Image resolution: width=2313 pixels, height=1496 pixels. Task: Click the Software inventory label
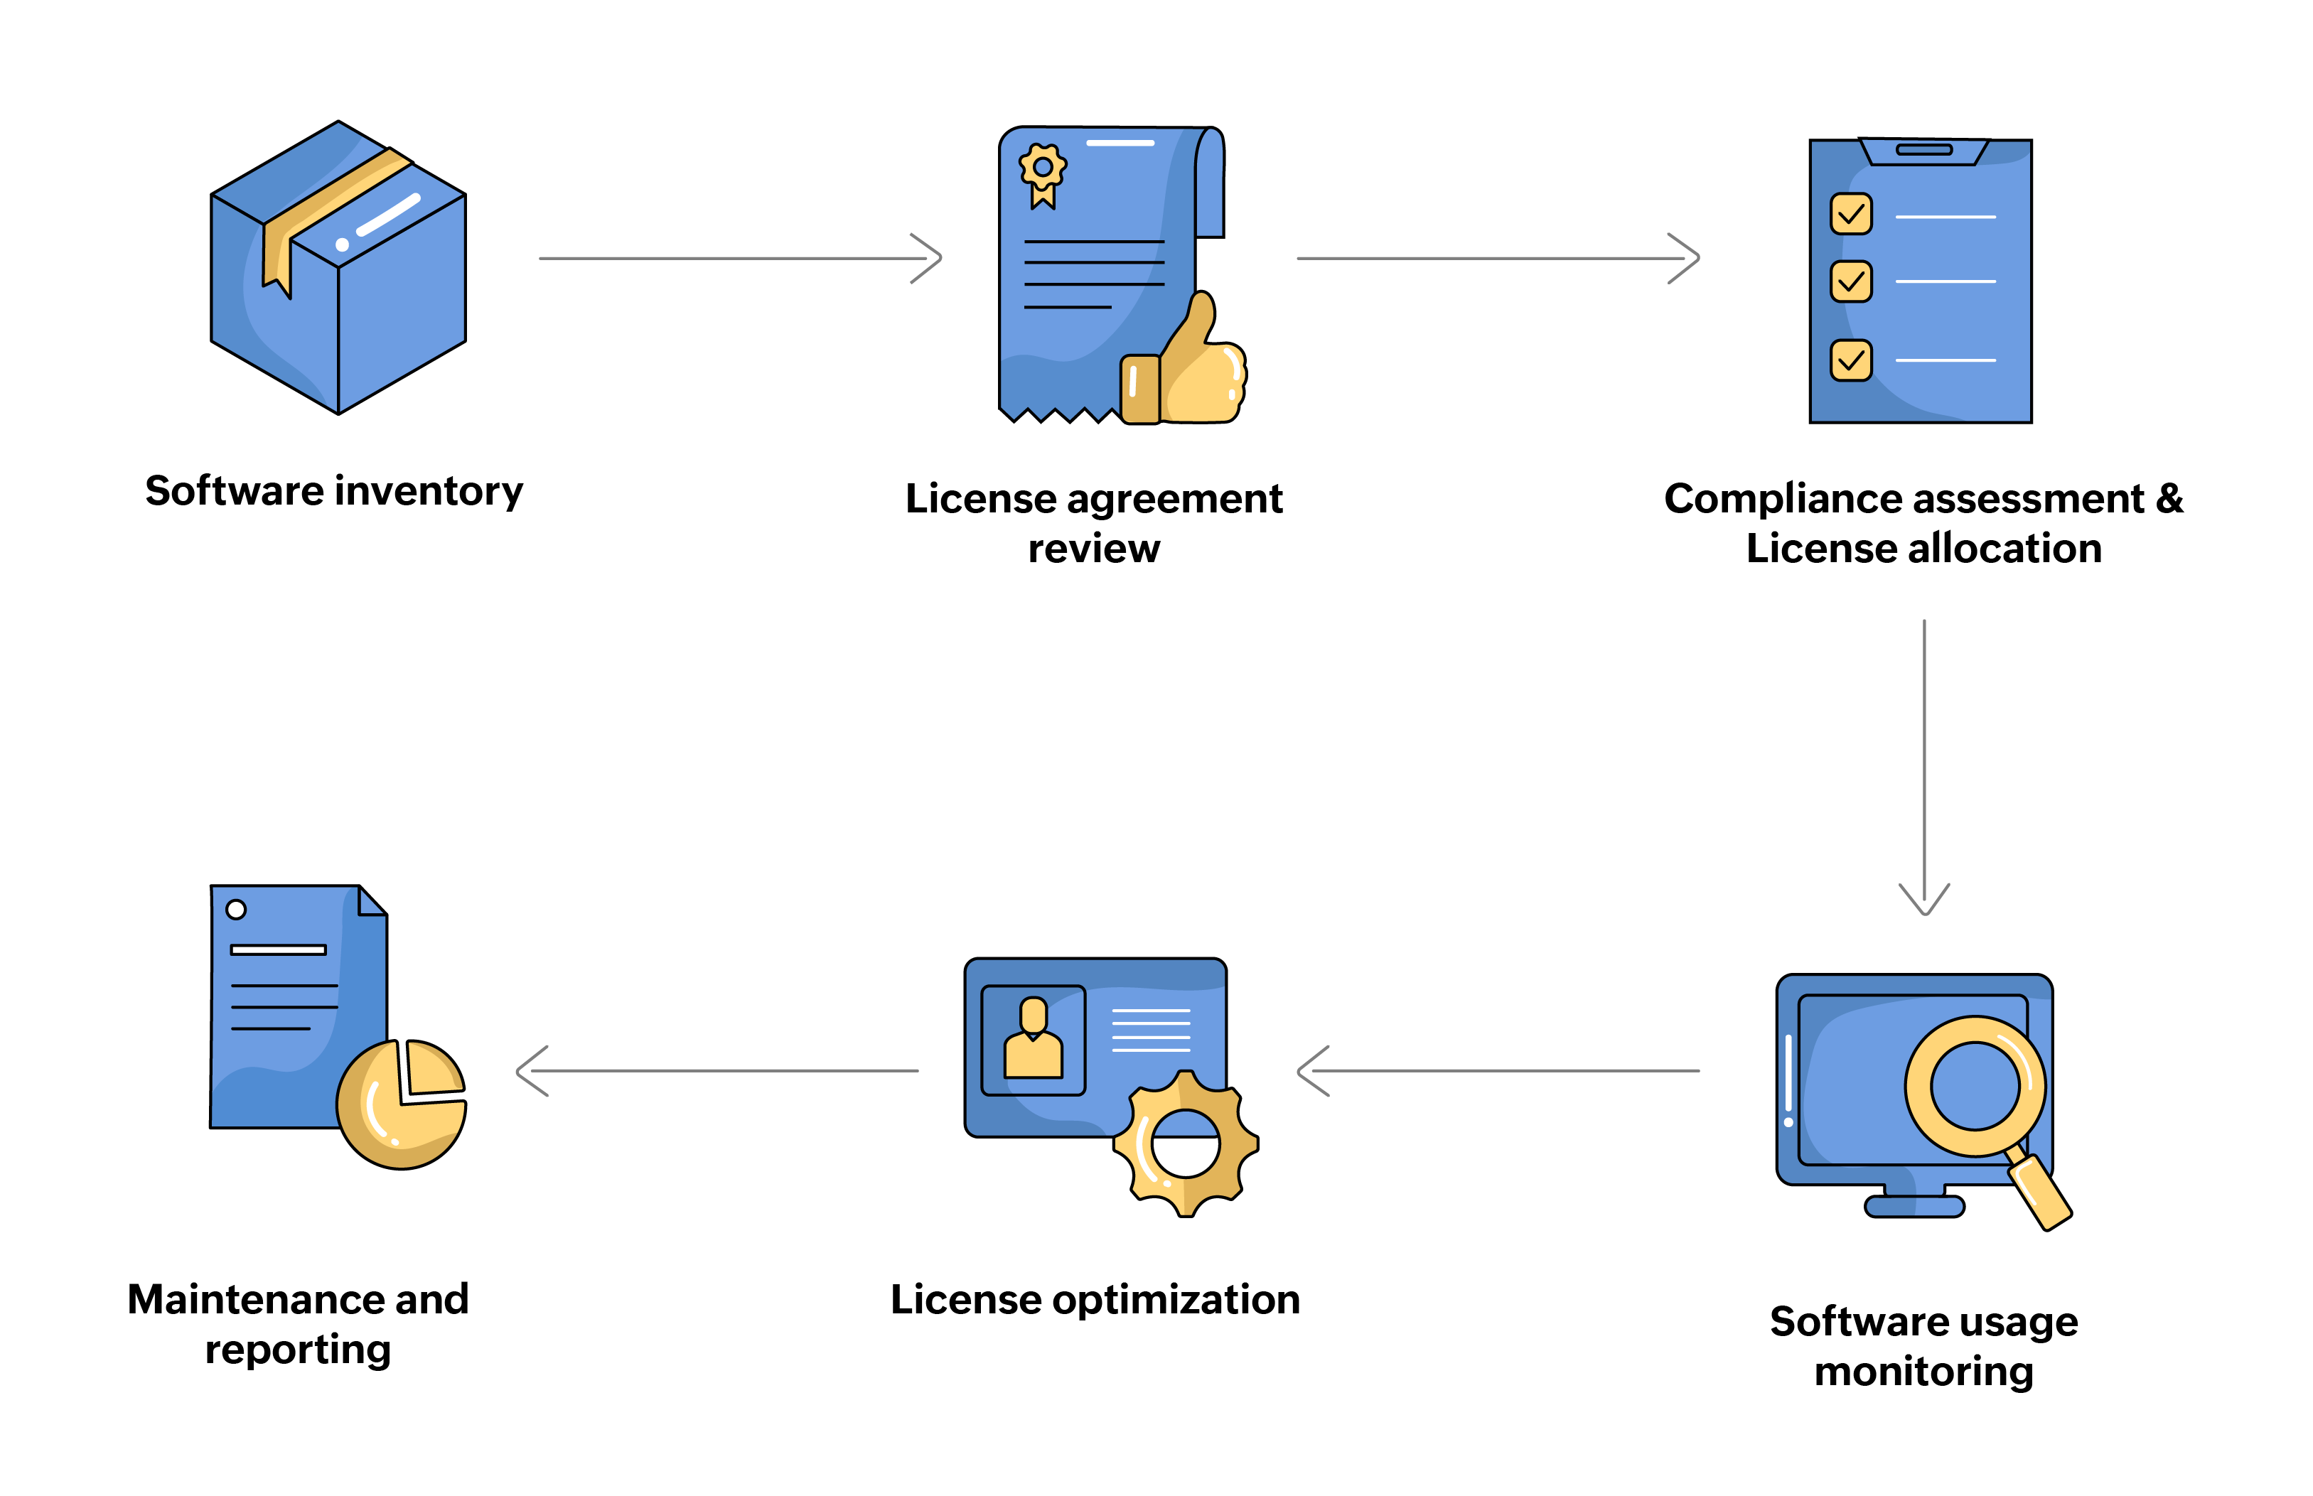pos(333,490)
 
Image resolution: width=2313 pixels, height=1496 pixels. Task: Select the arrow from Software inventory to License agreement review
pos(739,259)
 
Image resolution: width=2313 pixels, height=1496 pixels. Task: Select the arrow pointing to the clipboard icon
pos(1496,259)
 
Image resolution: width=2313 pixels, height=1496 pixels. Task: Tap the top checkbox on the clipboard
pos(1850,214)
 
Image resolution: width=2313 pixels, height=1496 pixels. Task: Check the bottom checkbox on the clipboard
pos(1850,360)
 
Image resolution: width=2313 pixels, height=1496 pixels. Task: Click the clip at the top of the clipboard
pos(1923,151)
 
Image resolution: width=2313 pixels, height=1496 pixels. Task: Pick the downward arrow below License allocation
pos(1923,768)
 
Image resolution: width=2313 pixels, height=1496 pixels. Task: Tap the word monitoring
pos(1923,1371)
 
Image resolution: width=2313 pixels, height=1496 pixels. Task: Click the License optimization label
pos(1094,1299)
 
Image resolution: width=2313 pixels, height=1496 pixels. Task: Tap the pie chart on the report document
pos(401,1104)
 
